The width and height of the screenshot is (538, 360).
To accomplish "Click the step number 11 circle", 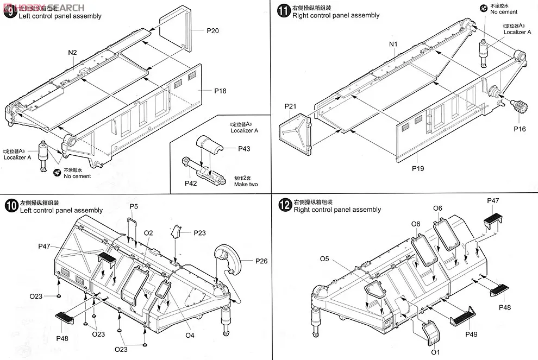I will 283,11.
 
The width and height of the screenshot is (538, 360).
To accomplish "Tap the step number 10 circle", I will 10,206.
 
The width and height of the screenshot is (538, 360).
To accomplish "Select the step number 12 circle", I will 284,205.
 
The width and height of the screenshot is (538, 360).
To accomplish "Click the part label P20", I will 212,31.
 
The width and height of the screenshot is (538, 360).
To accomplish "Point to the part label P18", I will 220,91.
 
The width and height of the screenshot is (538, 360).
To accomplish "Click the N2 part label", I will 73,52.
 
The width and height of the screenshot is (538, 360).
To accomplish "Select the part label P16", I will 520,129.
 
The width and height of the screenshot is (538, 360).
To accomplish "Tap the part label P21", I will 290,106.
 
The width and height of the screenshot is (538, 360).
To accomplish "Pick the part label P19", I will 417,168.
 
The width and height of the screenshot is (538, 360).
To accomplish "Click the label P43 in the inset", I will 244,149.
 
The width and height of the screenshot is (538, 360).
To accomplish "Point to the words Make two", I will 246,185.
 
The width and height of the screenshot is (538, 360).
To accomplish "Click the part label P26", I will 261,261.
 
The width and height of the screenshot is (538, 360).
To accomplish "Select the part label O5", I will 324,258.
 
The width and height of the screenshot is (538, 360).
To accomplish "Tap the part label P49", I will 471,334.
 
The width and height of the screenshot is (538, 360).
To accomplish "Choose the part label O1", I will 435,352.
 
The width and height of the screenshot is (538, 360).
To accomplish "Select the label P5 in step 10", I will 134,206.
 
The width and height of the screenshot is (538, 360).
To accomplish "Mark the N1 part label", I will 393,45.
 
